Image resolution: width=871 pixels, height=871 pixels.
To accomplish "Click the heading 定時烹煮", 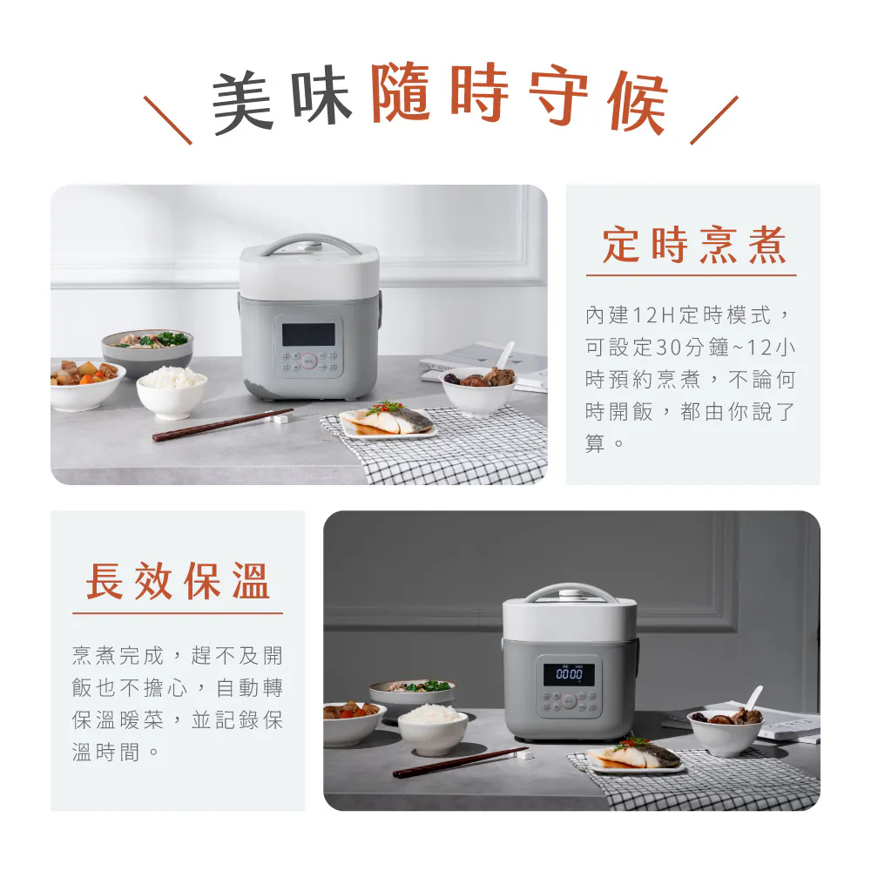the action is (x=694, y=245).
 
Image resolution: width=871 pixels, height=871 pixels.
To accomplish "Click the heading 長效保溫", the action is (x=178, y=581).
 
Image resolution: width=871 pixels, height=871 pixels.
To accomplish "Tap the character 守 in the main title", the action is (x=559, y=94).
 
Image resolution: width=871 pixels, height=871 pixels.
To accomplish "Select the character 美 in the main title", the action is (x=243, y=102).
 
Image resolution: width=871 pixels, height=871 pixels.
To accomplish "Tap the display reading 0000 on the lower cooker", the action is (x=569, y=674).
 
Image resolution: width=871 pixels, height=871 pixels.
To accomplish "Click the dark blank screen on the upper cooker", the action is (x=308, y=334).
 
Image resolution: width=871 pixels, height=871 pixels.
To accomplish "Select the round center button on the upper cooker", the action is (x=309, y=361).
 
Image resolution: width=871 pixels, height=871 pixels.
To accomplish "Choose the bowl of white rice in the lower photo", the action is (x=433, y=729).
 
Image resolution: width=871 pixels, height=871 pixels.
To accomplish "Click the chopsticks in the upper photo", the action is (x=223, y=425).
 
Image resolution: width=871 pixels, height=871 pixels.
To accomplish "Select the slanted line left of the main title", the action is (x=168, y=120).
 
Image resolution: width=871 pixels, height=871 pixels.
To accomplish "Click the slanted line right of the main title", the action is (x=714, y=120).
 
